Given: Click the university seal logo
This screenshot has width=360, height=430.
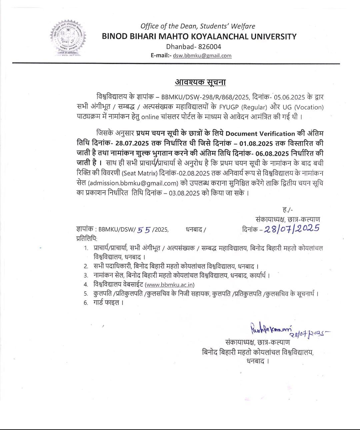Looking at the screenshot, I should [68, 38].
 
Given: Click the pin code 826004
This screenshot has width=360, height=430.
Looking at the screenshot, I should [208, 47].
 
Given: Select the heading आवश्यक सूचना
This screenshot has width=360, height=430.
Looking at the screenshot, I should [200, 82].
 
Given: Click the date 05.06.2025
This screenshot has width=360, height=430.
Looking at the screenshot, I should [290, 97].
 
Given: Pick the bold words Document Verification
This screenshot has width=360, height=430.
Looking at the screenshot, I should [260, 134].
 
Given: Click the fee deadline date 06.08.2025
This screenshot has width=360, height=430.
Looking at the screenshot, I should [271, 153].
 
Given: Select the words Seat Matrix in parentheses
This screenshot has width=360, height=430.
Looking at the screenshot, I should [139, 173].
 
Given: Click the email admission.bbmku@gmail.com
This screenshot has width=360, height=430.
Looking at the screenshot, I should [133, 183].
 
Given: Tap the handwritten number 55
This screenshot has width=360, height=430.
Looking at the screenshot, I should [144, 229].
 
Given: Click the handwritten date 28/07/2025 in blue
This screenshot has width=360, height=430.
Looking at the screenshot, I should [292, 228].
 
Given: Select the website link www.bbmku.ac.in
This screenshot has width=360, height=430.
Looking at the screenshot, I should [170, 284].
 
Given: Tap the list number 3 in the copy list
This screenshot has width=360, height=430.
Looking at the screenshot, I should [86, 275].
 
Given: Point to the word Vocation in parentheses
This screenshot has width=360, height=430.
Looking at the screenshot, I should [307, 107].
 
